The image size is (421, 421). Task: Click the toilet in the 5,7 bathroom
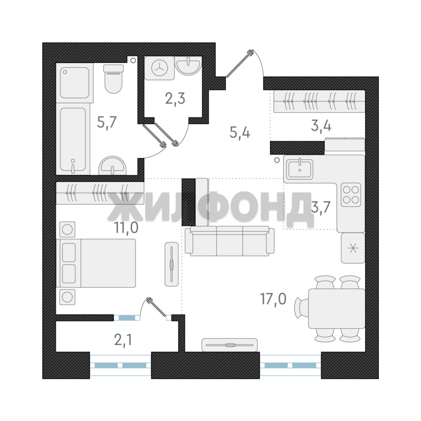point(113,79)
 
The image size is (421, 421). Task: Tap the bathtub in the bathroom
point(73,139)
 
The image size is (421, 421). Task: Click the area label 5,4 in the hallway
point(240,133)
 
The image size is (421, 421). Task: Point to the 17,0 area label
point(273,299)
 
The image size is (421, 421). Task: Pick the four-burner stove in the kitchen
point(351,195)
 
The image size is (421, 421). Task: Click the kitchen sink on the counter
point(300,169)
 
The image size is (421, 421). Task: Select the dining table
point(336,308)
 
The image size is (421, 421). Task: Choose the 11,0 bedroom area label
point(126,228)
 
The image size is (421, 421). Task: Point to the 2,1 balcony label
point(123,340)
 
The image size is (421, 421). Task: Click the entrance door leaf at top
point(240,64)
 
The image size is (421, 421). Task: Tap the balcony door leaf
point(157,307)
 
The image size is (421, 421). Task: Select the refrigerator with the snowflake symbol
point(353,248)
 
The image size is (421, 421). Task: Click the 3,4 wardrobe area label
point(321,126)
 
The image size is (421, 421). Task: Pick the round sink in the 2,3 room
point(188,65)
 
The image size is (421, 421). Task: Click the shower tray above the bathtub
point(74,83)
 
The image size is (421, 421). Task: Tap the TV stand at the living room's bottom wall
point(230,345)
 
